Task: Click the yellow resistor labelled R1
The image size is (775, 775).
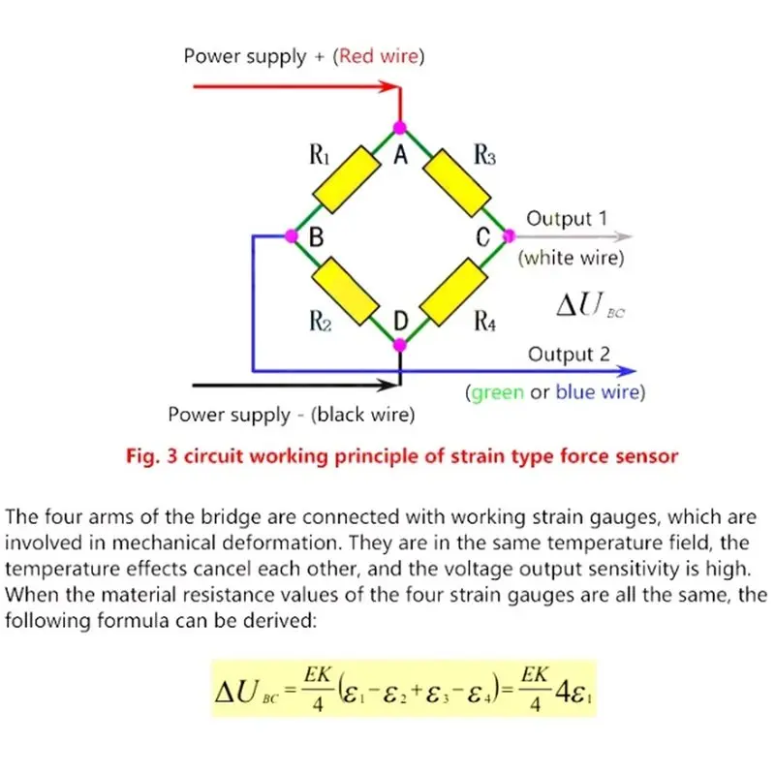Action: coord(347,179)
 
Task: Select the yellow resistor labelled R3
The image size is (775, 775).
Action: coord(457,182)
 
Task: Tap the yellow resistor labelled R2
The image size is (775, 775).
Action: coord(346,291)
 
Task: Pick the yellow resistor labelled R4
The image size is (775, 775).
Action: coord(453,293)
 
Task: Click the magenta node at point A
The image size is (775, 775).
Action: coord(400,128)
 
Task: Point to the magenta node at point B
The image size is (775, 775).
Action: coord(292,235)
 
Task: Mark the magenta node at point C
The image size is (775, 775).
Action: coord(509,235)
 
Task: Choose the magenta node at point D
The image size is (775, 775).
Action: coord(400,345)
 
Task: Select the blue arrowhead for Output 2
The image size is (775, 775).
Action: coord(626,371)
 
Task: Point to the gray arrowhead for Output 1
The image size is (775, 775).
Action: coord(623,236)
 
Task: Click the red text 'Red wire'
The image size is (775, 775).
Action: coord(379,56)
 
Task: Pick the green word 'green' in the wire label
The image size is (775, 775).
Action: coord(497,393)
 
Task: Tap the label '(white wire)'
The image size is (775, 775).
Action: coord(571,258)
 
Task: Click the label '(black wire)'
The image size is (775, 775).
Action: coord(362,415)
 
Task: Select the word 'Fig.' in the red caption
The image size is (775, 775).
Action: coord(143,456)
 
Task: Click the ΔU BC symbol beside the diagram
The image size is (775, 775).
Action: coord(591,304)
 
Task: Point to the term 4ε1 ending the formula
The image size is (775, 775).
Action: coord(573,692)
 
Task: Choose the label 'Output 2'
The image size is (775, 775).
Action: coord(569,354)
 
